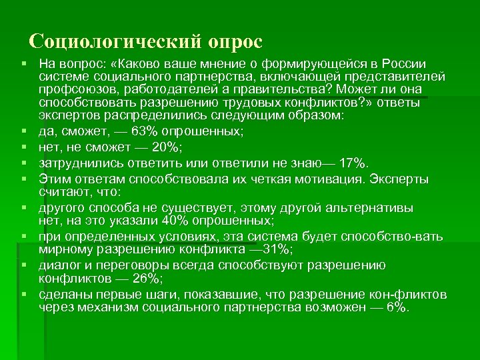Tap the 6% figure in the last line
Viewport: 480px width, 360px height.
click(397, 308)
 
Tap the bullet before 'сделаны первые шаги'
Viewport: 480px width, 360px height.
click(23, 295)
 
